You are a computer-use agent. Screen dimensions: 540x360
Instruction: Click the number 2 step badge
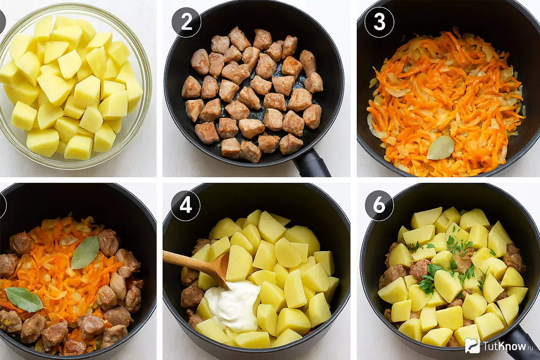coord(186,22)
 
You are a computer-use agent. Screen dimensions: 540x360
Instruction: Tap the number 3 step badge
coord(379,22)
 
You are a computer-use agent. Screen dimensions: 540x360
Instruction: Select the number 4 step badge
coord(185,206)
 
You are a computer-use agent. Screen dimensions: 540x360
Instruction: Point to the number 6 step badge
coord(379,206)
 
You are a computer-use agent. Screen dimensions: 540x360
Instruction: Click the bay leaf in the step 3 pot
coord(441,148)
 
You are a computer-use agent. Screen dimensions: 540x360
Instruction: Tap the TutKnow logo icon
coord(472,346)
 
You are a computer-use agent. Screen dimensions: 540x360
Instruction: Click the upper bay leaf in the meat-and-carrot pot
coord(85,252)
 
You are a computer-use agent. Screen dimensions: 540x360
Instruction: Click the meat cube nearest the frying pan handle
coord(291,144)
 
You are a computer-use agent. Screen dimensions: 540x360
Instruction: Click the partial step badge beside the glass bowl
coord(2,22)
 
